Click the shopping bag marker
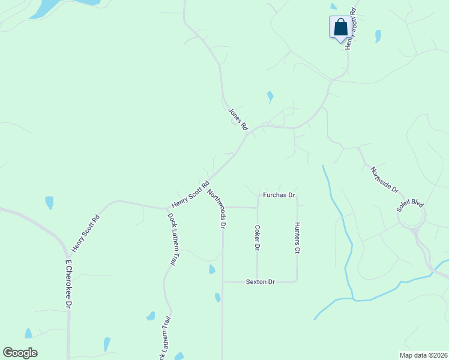tap(340, 28)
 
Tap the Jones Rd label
tap(238, 119)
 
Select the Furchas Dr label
tap(279, 196)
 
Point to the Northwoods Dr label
tap(215, 209)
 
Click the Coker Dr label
tap(257, 238)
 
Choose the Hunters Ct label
tap(297, 238)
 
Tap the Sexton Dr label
tap(260, 281)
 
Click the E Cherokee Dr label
tap(68, 284)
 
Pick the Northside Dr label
tap(384, 179)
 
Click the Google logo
tap(20, 353)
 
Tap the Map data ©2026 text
tap(423, 355)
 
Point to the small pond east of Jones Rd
tap(270, 96)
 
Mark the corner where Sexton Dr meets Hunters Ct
tap(297, 281)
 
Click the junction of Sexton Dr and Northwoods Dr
tap(223, 281)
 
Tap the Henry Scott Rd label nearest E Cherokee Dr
tap(85, 232)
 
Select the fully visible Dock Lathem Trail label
tap(173, 239)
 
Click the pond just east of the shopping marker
tap(378, 36)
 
